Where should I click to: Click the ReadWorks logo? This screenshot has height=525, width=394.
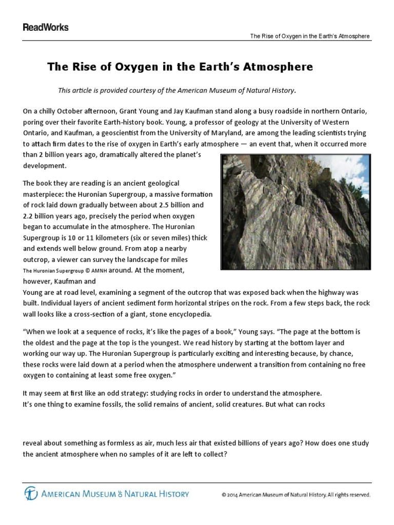45,27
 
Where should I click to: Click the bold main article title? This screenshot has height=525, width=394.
180,67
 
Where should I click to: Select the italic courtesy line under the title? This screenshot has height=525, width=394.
177,90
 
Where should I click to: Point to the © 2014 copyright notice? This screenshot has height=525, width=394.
295,495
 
